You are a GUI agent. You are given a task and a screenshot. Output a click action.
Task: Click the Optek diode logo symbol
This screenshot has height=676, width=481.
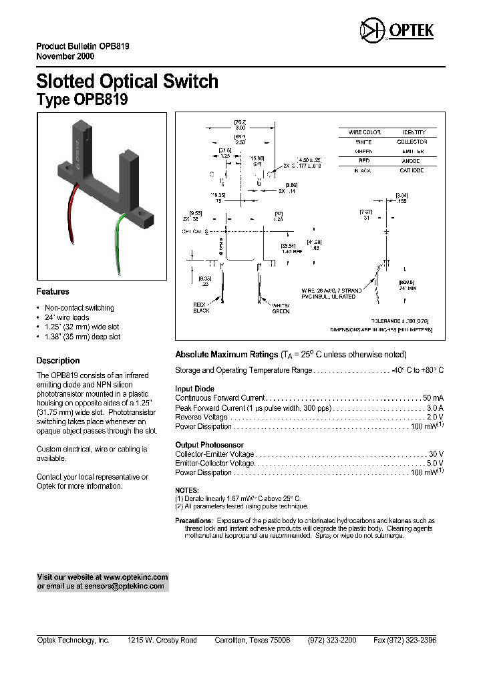369,31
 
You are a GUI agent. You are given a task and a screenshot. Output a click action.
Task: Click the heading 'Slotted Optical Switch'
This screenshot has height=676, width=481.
127,81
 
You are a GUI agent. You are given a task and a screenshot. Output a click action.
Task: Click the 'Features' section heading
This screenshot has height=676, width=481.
53,292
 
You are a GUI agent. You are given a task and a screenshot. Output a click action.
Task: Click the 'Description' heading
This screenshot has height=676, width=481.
58,361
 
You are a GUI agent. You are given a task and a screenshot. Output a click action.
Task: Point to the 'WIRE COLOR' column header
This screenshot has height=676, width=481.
364,133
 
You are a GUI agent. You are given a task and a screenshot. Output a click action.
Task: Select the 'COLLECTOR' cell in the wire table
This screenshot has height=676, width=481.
413,142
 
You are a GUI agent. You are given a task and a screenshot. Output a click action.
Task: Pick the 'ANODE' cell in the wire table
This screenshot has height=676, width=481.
413,161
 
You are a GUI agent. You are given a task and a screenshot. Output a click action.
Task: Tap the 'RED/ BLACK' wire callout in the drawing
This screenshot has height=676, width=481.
201,307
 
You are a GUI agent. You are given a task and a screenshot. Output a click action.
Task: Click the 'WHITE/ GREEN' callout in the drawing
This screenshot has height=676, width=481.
281,307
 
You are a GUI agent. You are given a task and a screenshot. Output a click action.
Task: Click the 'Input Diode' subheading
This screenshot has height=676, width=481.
195,389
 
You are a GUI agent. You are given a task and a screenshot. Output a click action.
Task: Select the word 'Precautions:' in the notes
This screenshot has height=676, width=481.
194,520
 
